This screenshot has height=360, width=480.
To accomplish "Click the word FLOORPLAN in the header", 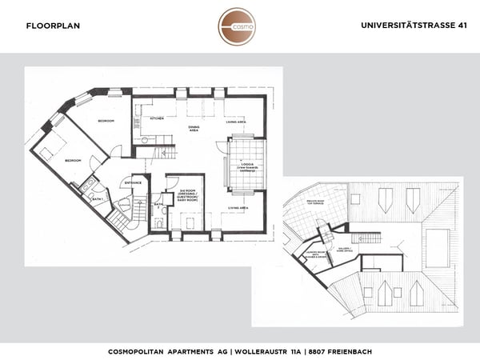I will (x=53, y=26).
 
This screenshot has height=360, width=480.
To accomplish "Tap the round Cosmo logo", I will (x=237, y=26).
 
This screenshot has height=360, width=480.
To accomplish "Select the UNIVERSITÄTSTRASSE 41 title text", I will (x=414, y=26).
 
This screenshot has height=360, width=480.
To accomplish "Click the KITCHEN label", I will (x=158, y=118).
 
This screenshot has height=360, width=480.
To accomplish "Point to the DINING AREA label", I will (x=193, y=129).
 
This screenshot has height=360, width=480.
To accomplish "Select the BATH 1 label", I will (x=96, y=198).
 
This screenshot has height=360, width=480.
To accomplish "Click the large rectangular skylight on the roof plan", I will (x=438, y=242).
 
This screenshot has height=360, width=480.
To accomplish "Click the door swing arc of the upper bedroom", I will (x=117, y=151).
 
